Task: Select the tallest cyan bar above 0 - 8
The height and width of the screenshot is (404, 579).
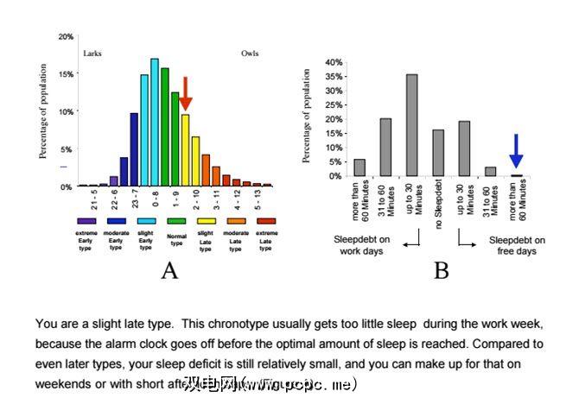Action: click(x=155, y=122)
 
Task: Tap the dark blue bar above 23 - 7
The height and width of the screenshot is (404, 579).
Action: click(x=134, y=148)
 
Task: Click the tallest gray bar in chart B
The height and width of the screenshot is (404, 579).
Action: click(x=412, y=125)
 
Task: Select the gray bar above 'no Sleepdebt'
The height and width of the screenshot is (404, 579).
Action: click(x=438, y=153)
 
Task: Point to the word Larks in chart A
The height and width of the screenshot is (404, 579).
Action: click(x=92, y=54)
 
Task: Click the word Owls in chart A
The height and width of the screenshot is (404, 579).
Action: click(x=250, y=54)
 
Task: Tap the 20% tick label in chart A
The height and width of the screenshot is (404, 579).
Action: click(x=66, y=37)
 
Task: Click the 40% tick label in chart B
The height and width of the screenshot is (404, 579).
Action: click(x=334, y=63)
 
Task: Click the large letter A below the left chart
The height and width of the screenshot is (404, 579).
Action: click(x=169, y=271)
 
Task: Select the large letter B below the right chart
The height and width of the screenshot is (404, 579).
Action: click(x=442, y=271)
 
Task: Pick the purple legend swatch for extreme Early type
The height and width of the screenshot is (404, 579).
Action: click(x=85, y=221)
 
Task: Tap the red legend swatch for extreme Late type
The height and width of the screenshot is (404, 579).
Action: click(x=265, y=221)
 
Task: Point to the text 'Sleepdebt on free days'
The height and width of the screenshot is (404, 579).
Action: click(x=516, y=245)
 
